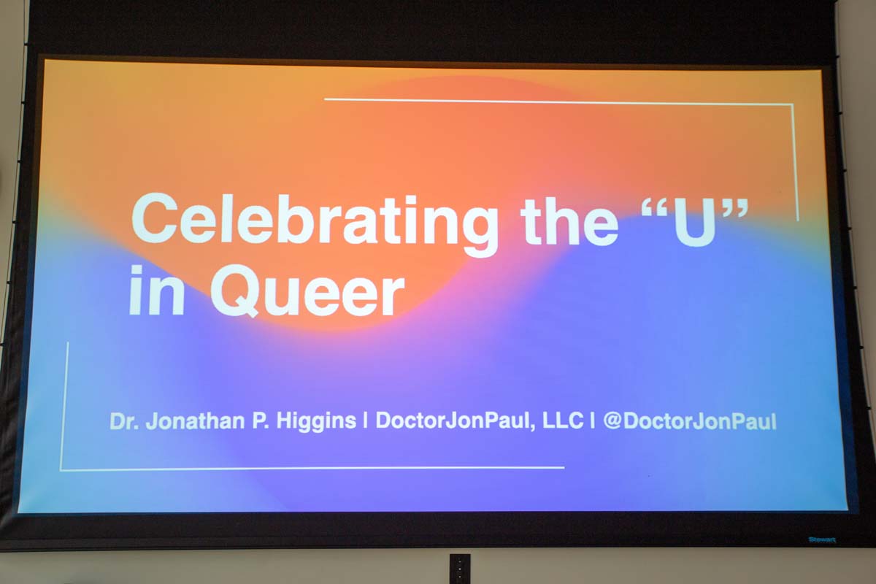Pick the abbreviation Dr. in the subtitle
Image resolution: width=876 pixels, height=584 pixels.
click(124, 422)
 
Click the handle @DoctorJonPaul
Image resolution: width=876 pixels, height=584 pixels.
click(689, 422)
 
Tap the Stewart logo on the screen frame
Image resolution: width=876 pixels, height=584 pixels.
click(821, 540)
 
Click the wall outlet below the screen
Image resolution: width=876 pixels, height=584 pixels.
click(459, 569)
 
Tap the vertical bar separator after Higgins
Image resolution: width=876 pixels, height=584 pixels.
click(364, 422)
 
